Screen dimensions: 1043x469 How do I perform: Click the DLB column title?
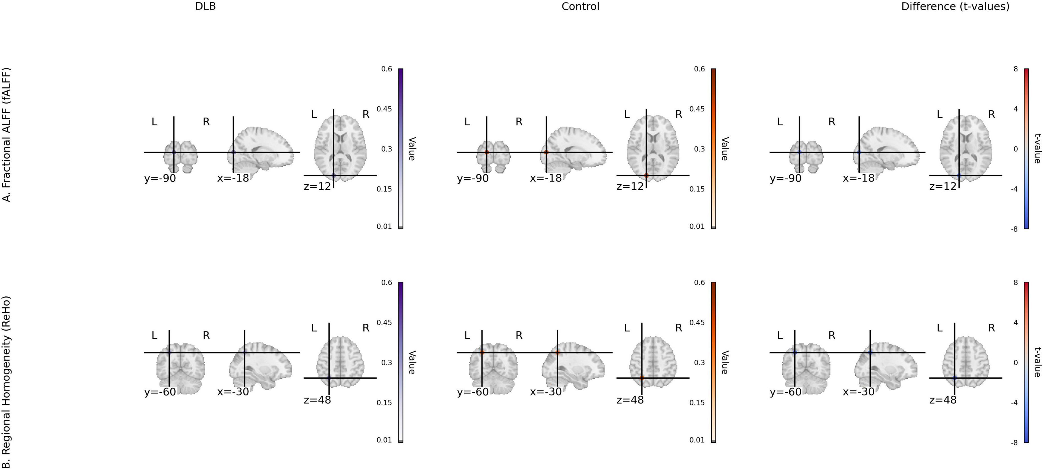[x=205, y=7]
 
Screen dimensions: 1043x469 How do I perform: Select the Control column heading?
[x=580, y=7]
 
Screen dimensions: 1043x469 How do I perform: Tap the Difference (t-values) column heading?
[x=955, y=7]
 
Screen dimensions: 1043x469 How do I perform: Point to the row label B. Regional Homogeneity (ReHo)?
[x=7, y=382]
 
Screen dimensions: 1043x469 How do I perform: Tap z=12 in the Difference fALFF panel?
[x=942, y=187]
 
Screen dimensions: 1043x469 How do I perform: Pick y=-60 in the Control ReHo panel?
[x=473, y=392]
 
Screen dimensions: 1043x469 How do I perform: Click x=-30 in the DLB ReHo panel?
[x=233, y=392]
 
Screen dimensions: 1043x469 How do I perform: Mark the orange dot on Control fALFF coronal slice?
[x=487, y=152]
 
